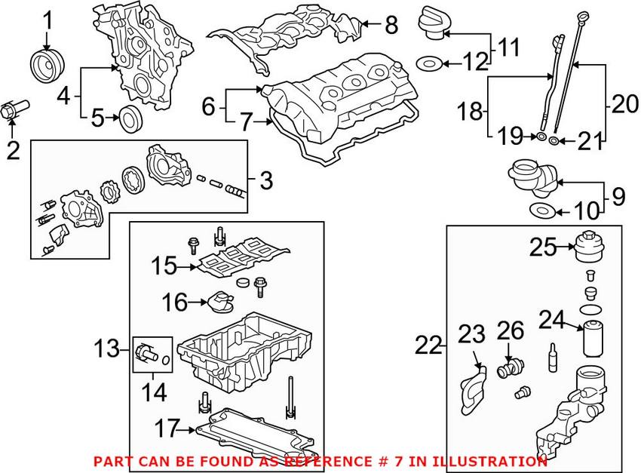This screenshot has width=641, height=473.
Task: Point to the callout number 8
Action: [x=390, y=25]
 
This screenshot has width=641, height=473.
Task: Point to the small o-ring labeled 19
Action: [x=541, y=138]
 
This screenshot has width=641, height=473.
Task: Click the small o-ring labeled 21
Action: [x=554, y=140]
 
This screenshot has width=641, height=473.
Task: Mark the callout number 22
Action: [x=430, y=346]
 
